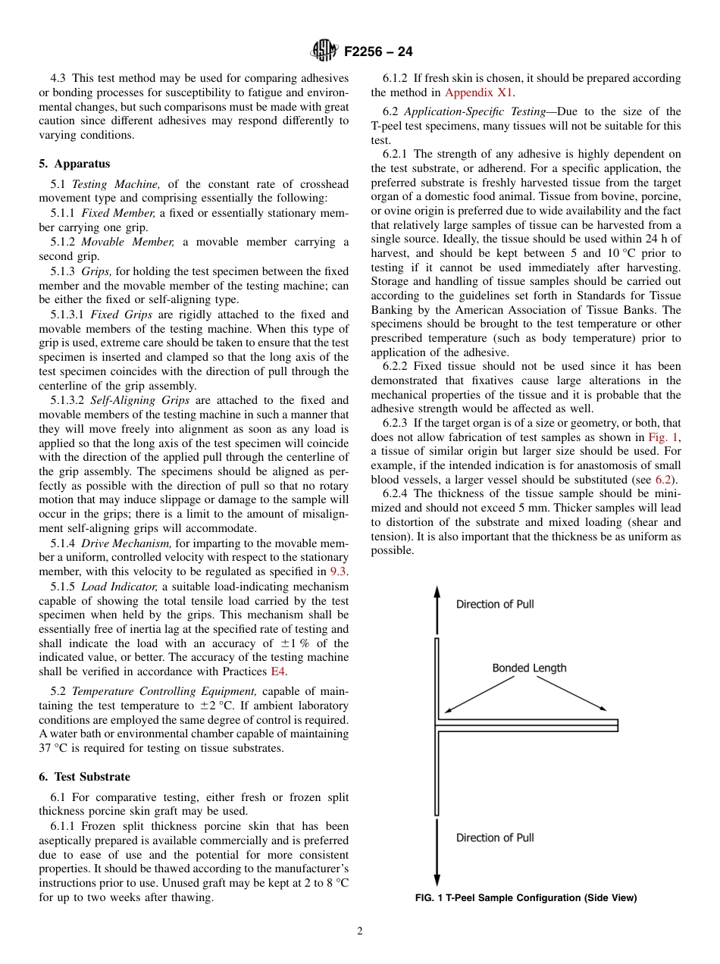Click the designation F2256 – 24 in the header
pos(378,52)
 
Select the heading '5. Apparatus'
pos(74,164)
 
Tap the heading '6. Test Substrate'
pos(84,777)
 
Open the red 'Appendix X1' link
pos(478,92)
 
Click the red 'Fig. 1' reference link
pos(664,437)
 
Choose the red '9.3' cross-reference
pos(339,571)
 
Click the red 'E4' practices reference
pos(278,671)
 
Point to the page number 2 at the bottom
pos(360,931)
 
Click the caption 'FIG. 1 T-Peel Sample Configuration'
pos(526,898)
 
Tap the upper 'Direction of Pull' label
pos(495,604)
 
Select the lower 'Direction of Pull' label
pos(495,837)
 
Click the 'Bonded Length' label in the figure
pos(529,668)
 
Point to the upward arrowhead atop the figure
pos(437,593)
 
